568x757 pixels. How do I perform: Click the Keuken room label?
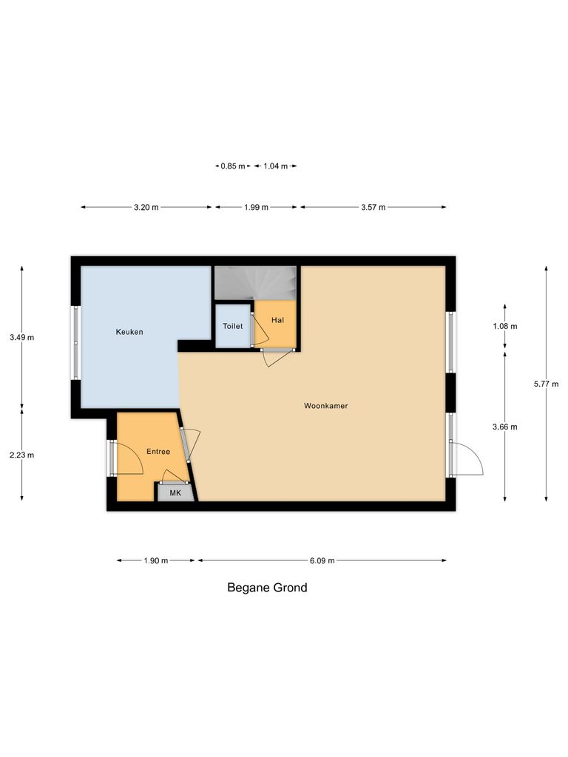[129, 332]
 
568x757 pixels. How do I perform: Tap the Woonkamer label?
[325, 406]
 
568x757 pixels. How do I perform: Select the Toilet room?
[233, 326]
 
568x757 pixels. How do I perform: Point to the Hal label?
[277, 320]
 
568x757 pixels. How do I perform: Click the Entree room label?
[158, 452]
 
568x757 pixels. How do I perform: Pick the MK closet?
[175, 492]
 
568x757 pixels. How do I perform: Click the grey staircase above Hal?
[255, 283]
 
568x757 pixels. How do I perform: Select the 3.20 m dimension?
[146, 208]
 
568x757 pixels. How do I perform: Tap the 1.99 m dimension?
[256, 208]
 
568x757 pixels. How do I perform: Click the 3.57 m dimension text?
[373, 208]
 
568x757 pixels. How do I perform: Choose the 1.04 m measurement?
[275, 166]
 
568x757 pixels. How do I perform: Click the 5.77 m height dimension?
[547, 384]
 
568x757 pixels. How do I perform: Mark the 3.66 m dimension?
[505, 427]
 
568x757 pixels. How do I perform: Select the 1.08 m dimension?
[505, 326]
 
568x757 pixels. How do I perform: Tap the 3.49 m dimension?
[22, 338]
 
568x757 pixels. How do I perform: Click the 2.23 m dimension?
[22, 455]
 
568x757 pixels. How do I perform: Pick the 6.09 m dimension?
[322, 561]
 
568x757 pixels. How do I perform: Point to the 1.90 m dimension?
[156, 561]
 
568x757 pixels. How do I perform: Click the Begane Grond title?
[266, 588]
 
